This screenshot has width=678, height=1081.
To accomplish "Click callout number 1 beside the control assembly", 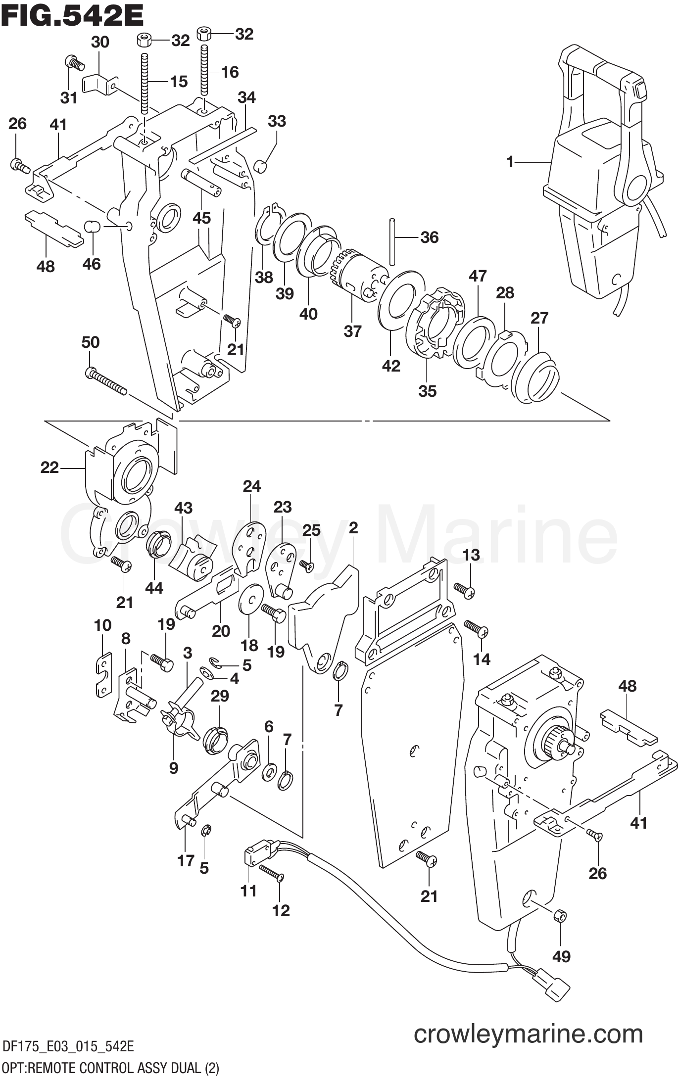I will (510, 162).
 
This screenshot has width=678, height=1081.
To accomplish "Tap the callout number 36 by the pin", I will (429, 237).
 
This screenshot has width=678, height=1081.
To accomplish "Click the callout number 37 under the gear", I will (352, 331).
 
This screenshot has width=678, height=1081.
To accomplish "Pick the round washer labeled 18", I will (250, 600).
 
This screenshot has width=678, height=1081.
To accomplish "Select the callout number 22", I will (49, 467).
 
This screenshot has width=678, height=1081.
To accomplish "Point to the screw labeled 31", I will (74, 63).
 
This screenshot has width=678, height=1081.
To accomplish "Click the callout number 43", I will (183, 508).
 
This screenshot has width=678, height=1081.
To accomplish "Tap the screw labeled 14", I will (477, 629).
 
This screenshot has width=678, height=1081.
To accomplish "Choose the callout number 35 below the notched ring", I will (427, 391).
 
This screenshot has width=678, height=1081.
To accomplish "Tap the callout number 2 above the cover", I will (353, 528).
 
